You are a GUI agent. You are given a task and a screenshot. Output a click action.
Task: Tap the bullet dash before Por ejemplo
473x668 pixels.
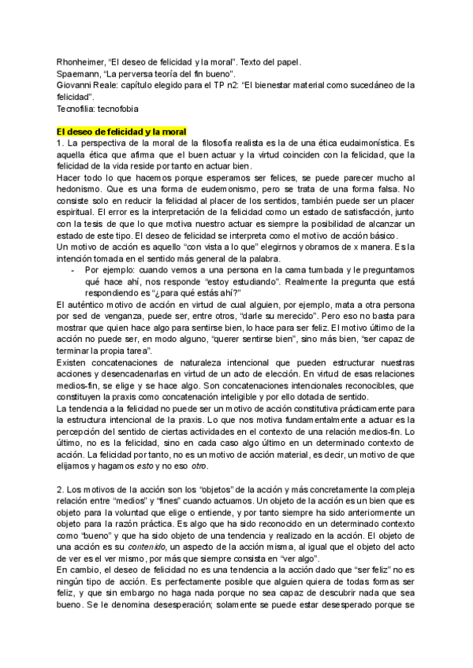(73, 269)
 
